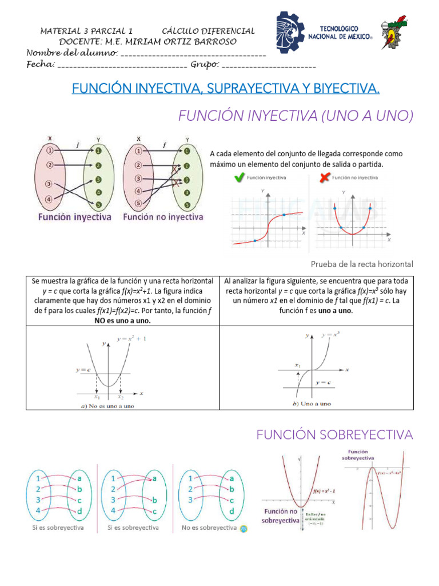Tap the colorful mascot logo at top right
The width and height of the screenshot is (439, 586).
point(394,32)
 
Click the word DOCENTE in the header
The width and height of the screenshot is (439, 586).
point(79,42)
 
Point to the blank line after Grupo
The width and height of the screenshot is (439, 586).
point(269,66)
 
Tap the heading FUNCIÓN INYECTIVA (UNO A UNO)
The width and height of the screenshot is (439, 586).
point(296,116)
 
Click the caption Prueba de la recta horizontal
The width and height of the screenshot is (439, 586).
point(361,264)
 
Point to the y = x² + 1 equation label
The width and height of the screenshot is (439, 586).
point(132,339)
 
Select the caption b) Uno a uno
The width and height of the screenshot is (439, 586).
point(312,403)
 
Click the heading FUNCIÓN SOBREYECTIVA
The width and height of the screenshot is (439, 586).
point(334,435)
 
